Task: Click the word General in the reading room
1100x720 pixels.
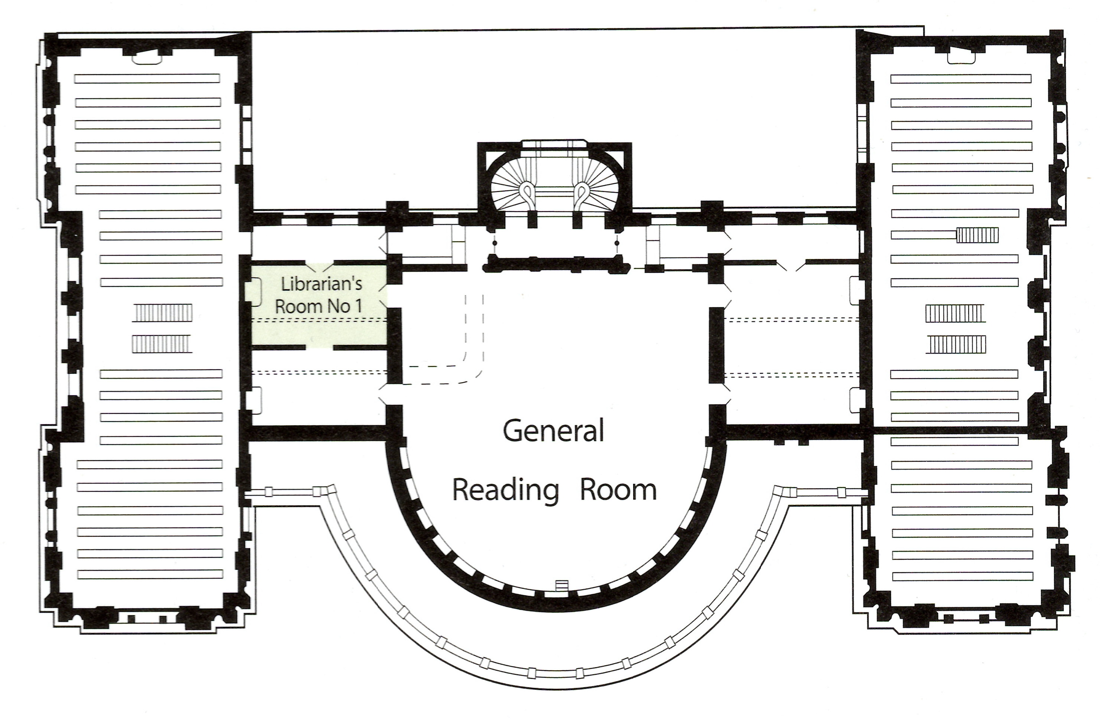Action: pos(553,431)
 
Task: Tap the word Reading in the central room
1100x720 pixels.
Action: pos(505,491)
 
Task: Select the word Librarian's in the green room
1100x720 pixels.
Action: pos(322,284)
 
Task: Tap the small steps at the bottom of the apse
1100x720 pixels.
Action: pos(562,585)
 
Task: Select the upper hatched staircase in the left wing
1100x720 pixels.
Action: pos(162,313)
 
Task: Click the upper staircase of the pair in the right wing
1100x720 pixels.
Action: pos(955,313)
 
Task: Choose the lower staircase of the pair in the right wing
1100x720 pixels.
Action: pos(955,345)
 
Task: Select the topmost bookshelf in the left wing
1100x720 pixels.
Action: pos(147,79)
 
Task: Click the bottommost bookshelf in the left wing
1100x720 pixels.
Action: pos(150,575)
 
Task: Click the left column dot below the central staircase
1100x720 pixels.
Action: pos(495,243)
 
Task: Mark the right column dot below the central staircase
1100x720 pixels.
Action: pos(616,243)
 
